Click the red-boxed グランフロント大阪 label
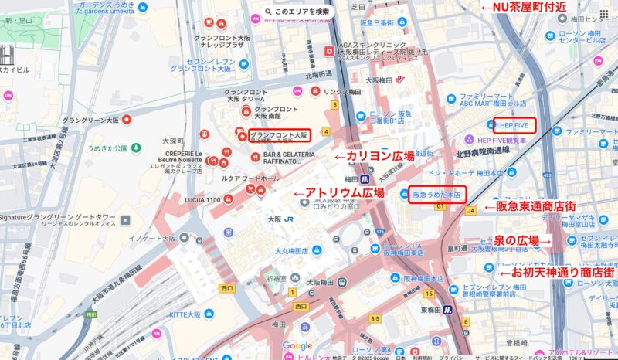click(278, 135)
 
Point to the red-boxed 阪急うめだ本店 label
click(436, 195)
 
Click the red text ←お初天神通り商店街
click(555, 273)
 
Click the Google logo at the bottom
click(297, 346)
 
